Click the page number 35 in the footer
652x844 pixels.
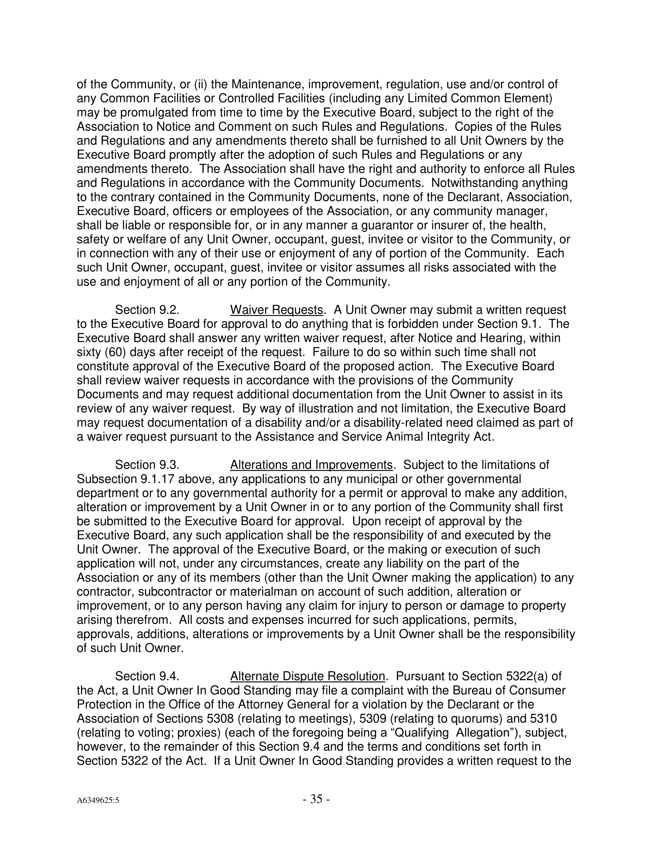click(316, 799)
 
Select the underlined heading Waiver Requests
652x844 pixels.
click(276, 310)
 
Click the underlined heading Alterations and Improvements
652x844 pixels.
click(311, 465)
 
